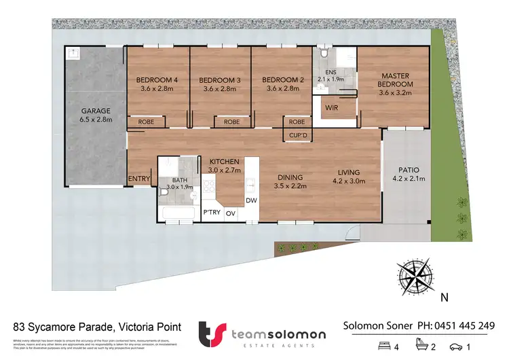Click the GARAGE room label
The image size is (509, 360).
tap(96, 111)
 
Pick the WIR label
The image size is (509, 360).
tap(333, 107)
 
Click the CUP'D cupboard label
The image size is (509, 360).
tap(297, 135)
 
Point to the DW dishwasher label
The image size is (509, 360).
tap(250, 200)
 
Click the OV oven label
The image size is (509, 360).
tap(231, 213)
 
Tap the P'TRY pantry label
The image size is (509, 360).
tap(211, 213)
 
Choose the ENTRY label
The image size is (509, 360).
tap(138, 179)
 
